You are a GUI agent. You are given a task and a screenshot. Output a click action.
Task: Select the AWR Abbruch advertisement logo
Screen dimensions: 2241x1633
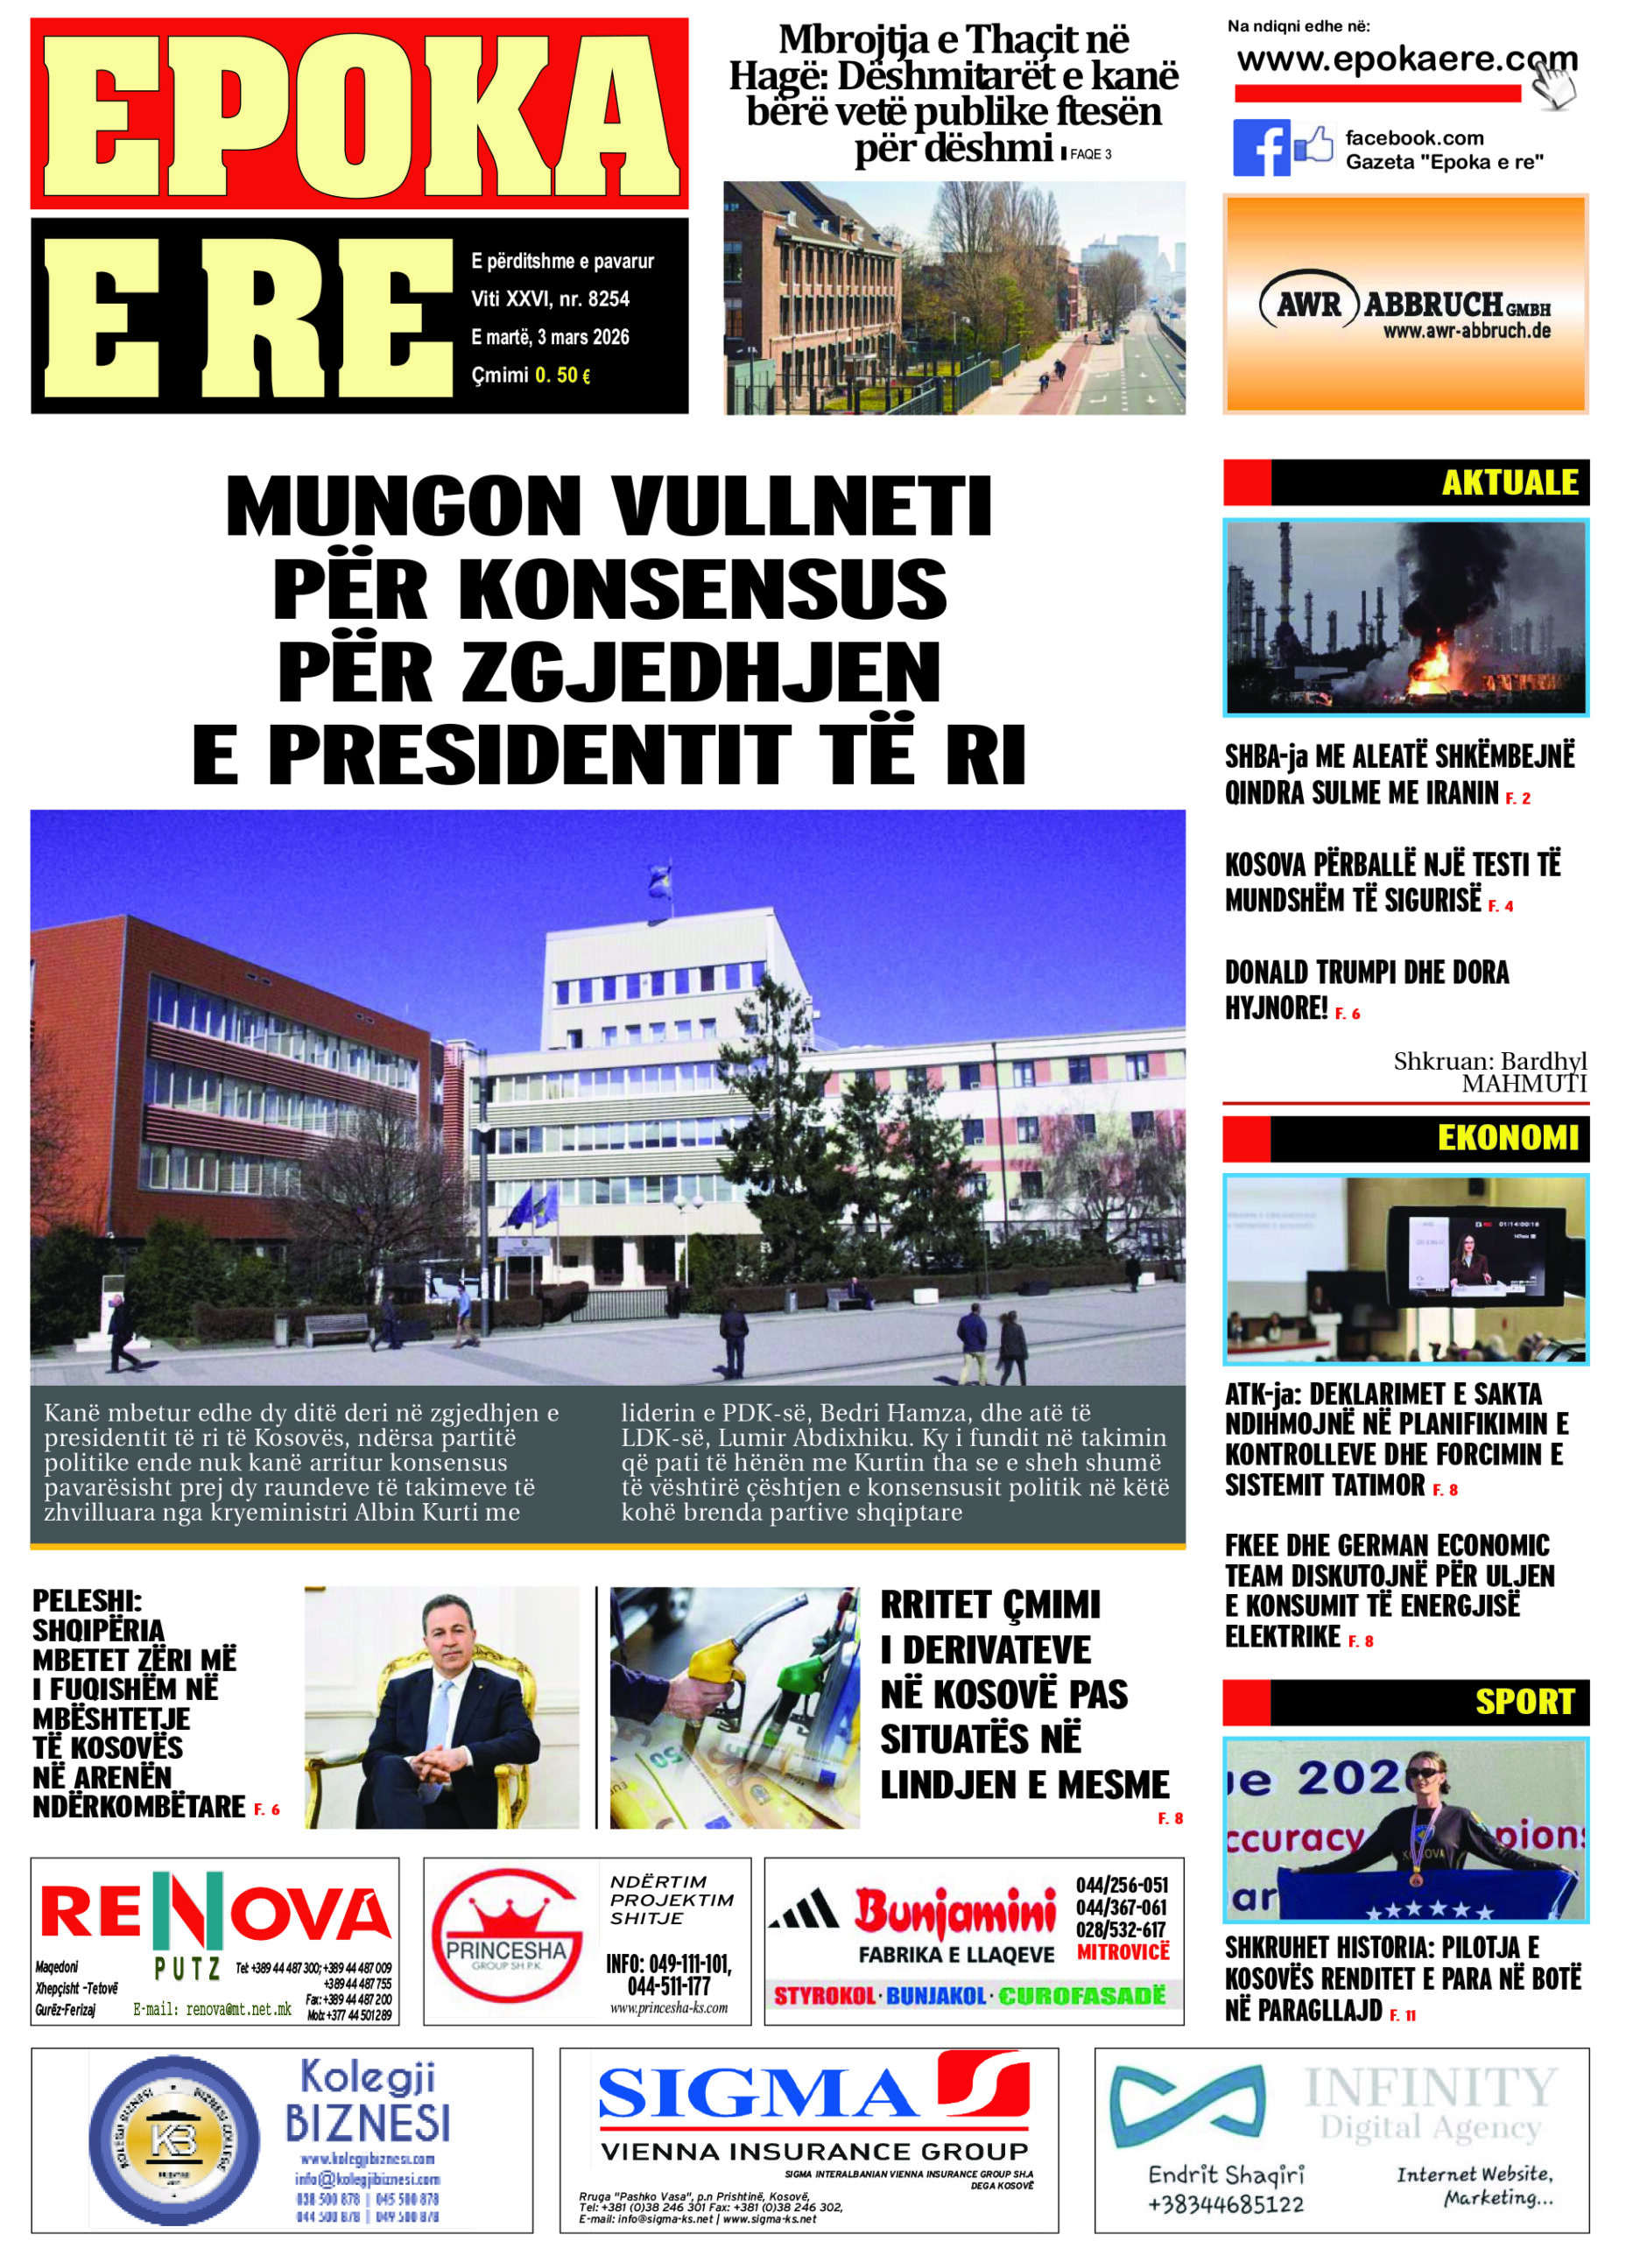coord(1404,306)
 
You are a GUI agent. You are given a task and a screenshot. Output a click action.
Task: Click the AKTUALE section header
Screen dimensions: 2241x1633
coord(1510,482)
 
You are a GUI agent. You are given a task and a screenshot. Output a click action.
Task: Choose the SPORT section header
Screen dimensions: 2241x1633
coord(1524,1702)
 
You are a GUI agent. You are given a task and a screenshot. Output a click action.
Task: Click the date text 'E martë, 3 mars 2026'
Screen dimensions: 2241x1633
coord(550,337)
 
